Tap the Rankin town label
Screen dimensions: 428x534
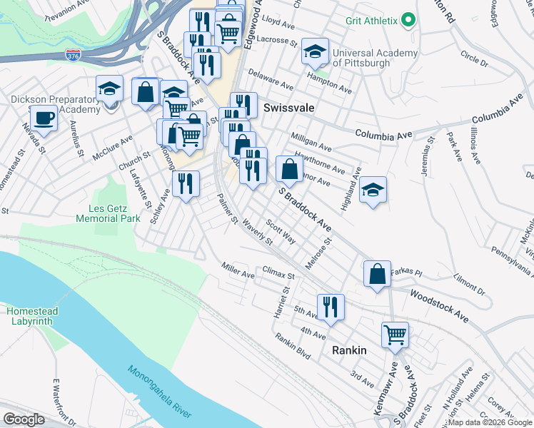click(x=349, y=350)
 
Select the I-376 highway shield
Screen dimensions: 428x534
click(x=73, y=54)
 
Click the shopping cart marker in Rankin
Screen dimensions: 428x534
click(x=394, y=333)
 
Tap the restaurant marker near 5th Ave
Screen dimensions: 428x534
click(x=330, y=307)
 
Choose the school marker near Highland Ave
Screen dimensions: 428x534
click(x=372, y=190)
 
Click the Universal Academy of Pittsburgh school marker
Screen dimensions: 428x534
click(x=314, y=51)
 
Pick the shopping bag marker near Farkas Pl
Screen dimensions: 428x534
click(x=376, y=274)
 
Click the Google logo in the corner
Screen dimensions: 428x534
click(x=24, y=419)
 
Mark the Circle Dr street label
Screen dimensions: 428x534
click(x=474, y=58)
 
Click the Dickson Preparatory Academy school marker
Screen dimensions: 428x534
click(x=109, y=89)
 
